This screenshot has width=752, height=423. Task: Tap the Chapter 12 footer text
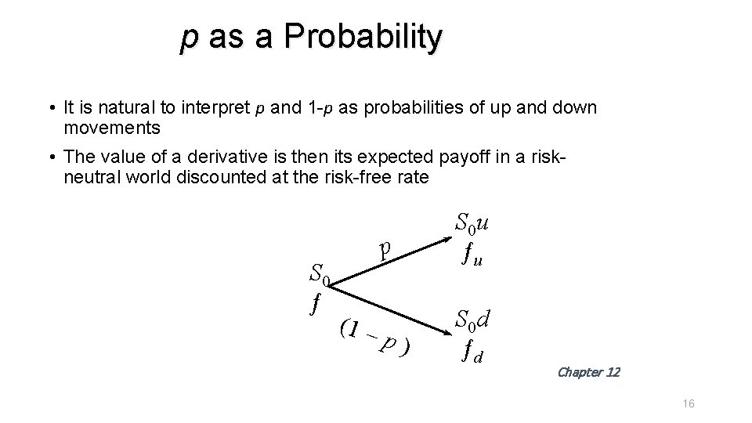tap(587, 372)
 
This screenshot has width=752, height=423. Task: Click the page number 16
tap(689, 403)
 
